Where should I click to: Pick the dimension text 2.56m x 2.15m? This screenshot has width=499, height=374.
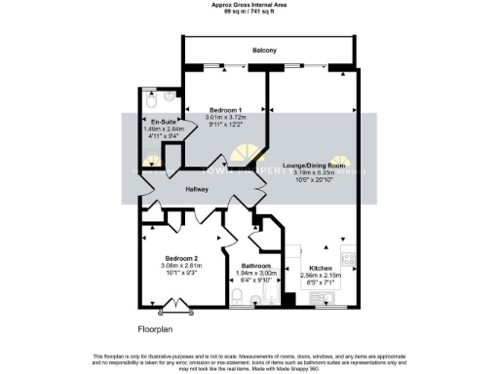pos(322,276)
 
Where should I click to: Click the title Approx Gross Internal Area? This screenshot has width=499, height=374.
pos(249,4)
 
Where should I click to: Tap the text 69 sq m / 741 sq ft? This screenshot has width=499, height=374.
pos(249,11)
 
